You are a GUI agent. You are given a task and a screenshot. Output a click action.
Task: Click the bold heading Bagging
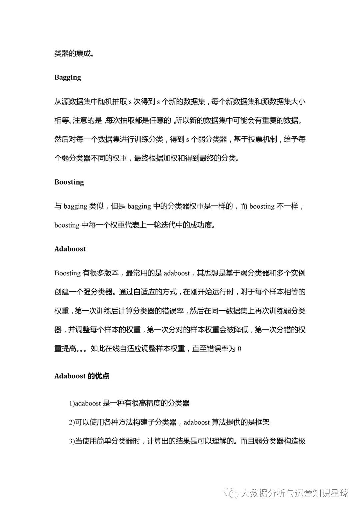[68, 78]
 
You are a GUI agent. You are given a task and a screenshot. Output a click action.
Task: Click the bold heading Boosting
[69, 182]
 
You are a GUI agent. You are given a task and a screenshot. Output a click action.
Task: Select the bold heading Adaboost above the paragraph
[70, 249]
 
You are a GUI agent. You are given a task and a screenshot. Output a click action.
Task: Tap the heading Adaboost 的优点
[82, 376]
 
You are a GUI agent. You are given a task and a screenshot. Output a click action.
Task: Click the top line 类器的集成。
[74, 53]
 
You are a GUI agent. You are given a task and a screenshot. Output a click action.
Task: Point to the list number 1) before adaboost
[72, 403]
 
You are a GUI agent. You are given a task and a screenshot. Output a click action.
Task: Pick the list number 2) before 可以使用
[72, 422]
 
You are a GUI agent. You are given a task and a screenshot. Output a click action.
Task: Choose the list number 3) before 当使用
[72, 441]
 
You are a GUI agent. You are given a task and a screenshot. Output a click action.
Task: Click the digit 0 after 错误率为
[239, 349]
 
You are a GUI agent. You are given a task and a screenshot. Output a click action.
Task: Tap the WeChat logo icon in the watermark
[231, 493]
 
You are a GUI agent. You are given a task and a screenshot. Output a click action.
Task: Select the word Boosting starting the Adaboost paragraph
[67, 273]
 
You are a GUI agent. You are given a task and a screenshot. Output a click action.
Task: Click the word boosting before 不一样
[262, 206]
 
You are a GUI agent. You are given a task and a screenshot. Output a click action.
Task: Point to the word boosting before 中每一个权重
[67, 225]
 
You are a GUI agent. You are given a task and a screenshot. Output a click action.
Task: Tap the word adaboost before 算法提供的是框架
[197, 422]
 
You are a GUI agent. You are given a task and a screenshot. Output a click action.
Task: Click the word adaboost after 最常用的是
[177, 273]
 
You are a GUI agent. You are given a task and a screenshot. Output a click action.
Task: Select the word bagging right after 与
[75, 207]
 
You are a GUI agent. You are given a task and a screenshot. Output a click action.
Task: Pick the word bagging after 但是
[139, 207]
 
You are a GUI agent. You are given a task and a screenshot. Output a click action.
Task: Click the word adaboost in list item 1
[88, 403]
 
